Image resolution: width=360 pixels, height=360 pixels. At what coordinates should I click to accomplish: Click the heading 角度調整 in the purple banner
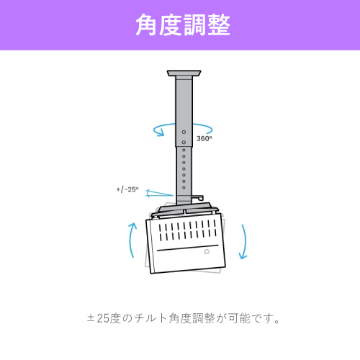click(x=183, y=25)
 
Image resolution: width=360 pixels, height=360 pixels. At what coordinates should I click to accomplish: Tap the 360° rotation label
click(x=204, y=138)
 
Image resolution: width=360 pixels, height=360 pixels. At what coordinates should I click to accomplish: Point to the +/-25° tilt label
click(x=127, y=189)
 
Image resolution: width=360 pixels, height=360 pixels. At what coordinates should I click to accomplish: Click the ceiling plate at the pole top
click(x=184, y=73)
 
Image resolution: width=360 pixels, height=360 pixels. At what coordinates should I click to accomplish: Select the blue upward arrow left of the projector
click(x=131, y=240)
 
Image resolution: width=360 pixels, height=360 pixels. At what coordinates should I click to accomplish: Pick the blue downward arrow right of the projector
click(x=245, y=241)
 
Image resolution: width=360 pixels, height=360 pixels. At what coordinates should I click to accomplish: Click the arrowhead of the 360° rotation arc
click(x=161, y=133)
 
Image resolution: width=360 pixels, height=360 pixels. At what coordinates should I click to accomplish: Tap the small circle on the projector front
click(x=207, y=251)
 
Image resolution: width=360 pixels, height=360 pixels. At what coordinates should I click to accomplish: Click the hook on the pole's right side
click(x=198, y=198)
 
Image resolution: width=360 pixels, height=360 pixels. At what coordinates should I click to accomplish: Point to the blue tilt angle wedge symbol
click(x=158, y=193)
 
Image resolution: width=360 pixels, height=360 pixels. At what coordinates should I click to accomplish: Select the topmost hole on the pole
click(x=184, y=132)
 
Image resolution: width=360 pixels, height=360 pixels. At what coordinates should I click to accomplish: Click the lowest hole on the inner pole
click(x=184, y=187)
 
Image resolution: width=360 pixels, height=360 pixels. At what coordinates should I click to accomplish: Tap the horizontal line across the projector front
click(x=188, y=248)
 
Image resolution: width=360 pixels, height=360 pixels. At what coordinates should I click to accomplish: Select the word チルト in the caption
click(x=150, y=318)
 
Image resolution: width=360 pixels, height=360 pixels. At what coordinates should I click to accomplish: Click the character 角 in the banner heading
click(x=147, y=25)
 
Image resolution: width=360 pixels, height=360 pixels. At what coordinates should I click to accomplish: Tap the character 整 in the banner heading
click(x=219, y=25)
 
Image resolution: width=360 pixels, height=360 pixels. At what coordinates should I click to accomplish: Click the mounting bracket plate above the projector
click(x=185, y=210)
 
